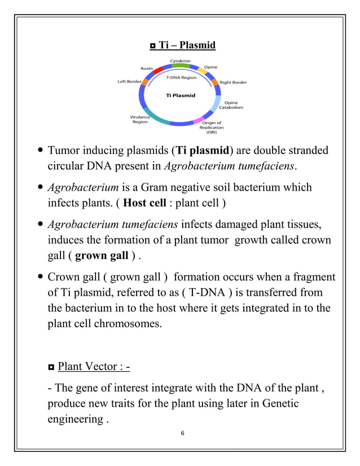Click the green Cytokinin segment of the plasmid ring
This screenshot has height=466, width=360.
point(180,66)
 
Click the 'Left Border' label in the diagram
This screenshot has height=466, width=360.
point(129,82)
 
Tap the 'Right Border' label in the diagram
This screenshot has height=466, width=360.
point(233,82)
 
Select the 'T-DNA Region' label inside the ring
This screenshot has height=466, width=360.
point(181,77)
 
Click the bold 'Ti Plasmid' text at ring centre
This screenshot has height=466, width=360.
point(181,95)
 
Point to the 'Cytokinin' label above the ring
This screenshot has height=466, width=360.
point(181,60)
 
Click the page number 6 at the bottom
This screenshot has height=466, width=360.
point(180,433)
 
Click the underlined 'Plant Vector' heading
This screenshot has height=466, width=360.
point(94,367)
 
